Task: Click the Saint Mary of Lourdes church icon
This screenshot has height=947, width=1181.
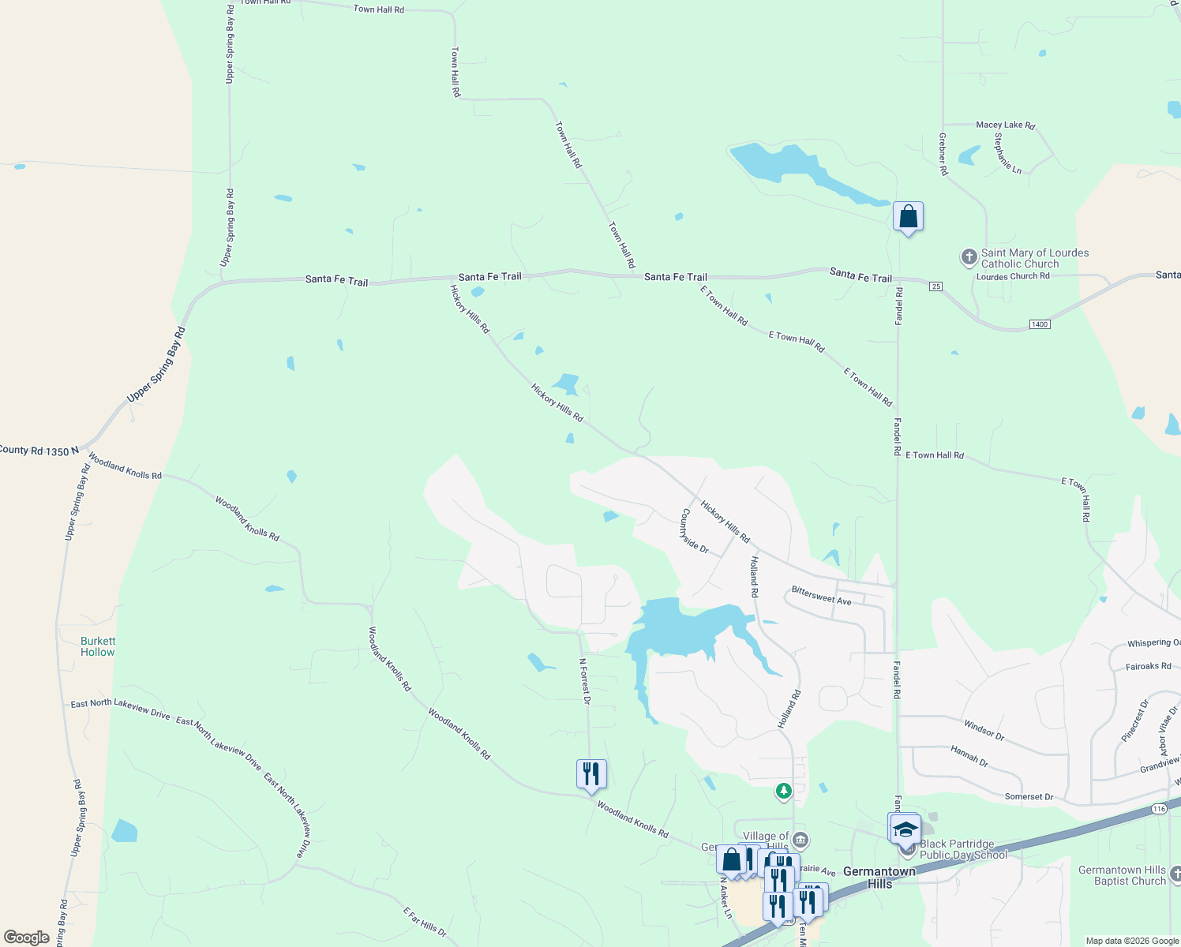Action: click(x=969, y=257)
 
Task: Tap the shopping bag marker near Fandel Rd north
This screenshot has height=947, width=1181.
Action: click(x=908, y=216)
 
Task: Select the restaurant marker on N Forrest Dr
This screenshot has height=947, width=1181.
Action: click(x=591, y=773)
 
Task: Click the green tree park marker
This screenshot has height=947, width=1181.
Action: click(x=783, y=791)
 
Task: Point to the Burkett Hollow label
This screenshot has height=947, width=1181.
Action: click(x=98, y=646)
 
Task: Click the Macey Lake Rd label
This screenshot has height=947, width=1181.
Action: click(x=1005, y=125)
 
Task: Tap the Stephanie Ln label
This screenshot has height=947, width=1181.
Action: click(x=1008, y=153)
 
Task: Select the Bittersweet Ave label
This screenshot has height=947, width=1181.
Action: click(x=821, y=596)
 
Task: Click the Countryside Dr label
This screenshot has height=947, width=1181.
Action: click(x=695, y=530)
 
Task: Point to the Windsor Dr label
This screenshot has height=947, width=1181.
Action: click(x=984, y=729)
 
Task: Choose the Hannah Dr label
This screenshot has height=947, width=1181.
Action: click(x=969, y=756)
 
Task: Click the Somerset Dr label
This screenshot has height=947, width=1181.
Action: click(x=1029, y=797)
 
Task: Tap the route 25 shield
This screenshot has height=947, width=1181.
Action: click(x=935, y=286)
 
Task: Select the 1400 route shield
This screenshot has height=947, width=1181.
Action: click(x=1040, y=324)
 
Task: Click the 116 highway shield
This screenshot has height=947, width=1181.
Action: click(x=1159, y=809)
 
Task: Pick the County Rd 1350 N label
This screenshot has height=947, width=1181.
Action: click(x=39, y=451)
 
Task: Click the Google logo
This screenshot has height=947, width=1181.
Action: click(x=27, y=938)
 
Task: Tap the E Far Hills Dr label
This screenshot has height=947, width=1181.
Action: click(x=425, y=922)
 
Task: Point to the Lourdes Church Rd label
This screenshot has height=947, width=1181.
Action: click(x=1013, y=276)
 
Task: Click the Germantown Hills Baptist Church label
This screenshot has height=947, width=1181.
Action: click(x=1122, y=876)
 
